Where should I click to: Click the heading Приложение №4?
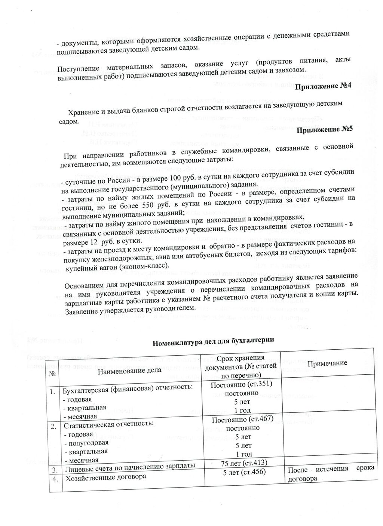(x=324, y=86)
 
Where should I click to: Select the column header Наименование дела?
(x=130, y=370)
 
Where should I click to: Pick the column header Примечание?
(x=328, y=363)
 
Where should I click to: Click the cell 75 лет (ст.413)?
(x=244, y=464)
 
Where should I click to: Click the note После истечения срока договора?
(x=331, y=473)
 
